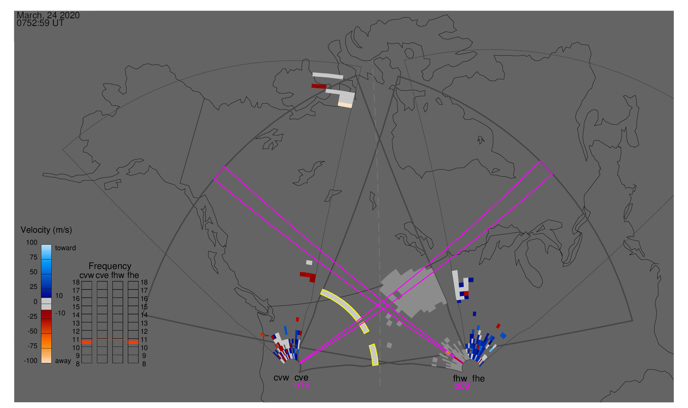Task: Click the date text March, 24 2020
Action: [x=48, y=15]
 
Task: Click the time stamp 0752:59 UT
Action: [x=40, y=23]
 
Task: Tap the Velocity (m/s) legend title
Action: [x=46, y=230]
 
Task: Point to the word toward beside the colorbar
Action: [x=66, y=248]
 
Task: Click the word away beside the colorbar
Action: [x=63, y=361]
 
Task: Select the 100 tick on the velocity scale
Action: [x=32, y=243]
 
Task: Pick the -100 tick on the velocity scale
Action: [x=31, y=361]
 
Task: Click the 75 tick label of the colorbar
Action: [x=34, y=257]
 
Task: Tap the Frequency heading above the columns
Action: [x=110, y=266]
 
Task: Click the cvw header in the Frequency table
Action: [x=87, y=275]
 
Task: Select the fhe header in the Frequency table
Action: [x=133, y=275]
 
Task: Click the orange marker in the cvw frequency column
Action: [x=87, y=342]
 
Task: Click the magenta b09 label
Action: [x=462, y=386]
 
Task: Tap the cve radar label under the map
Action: [x=301, y=378]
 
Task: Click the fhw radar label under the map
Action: [x=460, y=379]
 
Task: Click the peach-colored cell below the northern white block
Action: [x=345, y=105]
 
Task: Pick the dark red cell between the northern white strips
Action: [x=319, y=86]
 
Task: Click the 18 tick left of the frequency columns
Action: [x=76, y=282]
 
